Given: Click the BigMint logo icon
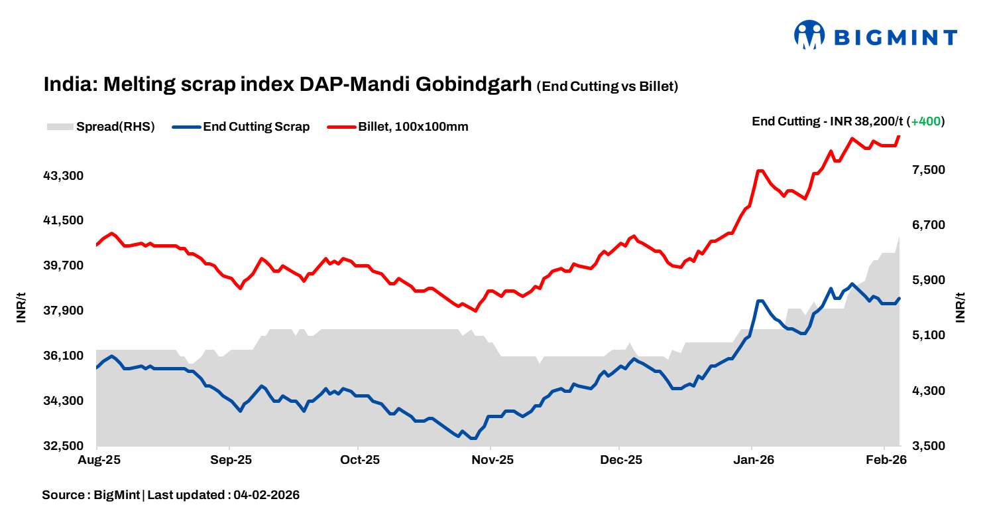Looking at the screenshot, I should [x=809, y=35].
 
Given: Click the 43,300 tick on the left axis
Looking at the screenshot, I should [x=64, y=176].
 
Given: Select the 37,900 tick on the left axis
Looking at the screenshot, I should [x=64, y=311].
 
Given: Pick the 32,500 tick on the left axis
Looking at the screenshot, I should [x=64, y=446].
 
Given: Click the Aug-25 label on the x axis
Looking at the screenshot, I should [x=97, y=460].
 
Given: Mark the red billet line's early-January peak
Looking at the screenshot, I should [x=760, y=171].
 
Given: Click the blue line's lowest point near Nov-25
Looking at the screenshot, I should [x=473, y=438].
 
